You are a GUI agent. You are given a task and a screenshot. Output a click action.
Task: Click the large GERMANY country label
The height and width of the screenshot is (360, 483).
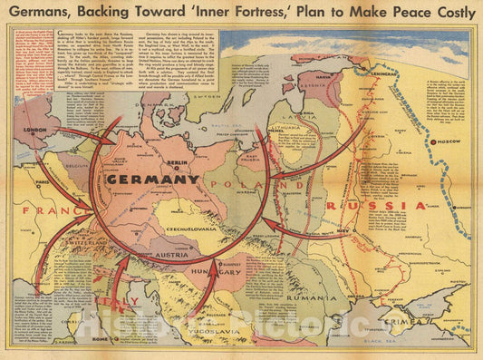point(152,180)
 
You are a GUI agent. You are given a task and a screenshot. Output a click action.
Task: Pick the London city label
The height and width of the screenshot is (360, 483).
point(34,129)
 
